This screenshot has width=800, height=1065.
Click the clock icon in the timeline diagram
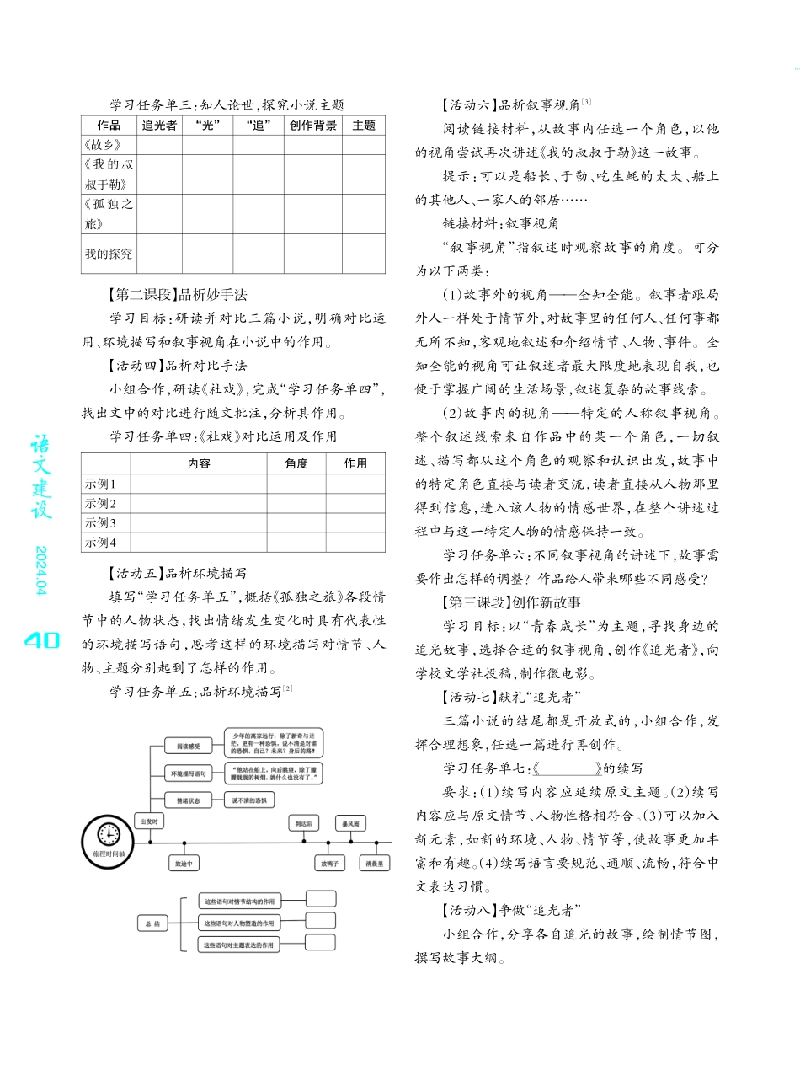tap(109, 834)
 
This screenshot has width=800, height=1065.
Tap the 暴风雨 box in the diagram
tap(349, 822)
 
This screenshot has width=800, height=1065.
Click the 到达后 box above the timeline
tap(302, 822)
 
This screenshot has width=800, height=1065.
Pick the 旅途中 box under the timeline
tap(184, 864)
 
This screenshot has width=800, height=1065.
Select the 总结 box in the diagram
tap(152, 923)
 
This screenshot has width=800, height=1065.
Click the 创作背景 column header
tap(313, 126)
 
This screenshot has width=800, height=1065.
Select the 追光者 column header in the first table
tap(159, 126)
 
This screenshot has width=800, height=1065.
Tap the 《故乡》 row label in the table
tap(99, 145)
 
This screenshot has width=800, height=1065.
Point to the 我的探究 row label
tap(108, 254)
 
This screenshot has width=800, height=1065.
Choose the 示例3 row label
tap(100, 523)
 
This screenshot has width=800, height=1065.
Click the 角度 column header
tap(296, 463)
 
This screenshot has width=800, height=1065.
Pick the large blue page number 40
tap(41, 640)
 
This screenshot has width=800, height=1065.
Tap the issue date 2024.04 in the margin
tap(41, 570)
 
